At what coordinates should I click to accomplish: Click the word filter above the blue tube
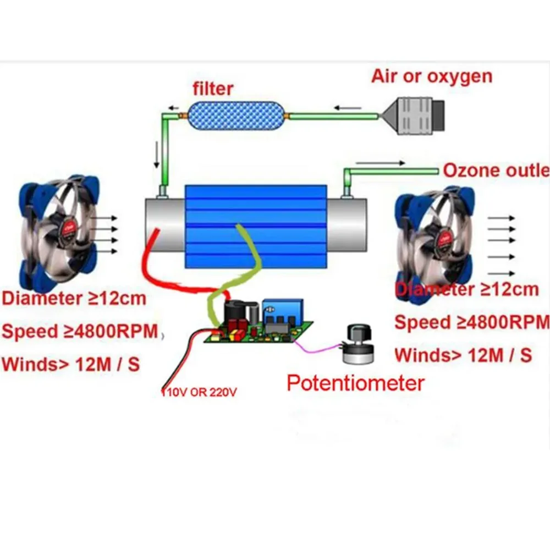click(213, 89)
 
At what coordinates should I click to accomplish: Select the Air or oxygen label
click(432, 76)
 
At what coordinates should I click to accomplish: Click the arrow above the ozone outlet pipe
click(380, 163)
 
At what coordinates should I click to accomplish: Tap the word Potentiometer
click(355, 383)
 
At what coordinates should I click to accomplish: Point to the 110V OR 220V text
click(200, 393)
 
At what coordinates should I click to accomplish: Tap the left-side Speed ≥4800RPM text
click(80, 332)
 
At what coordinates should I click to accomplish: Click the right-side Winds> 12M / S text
click(463, 355)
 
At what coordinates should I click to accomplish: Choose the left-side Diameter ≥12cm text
click(74, 299)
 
